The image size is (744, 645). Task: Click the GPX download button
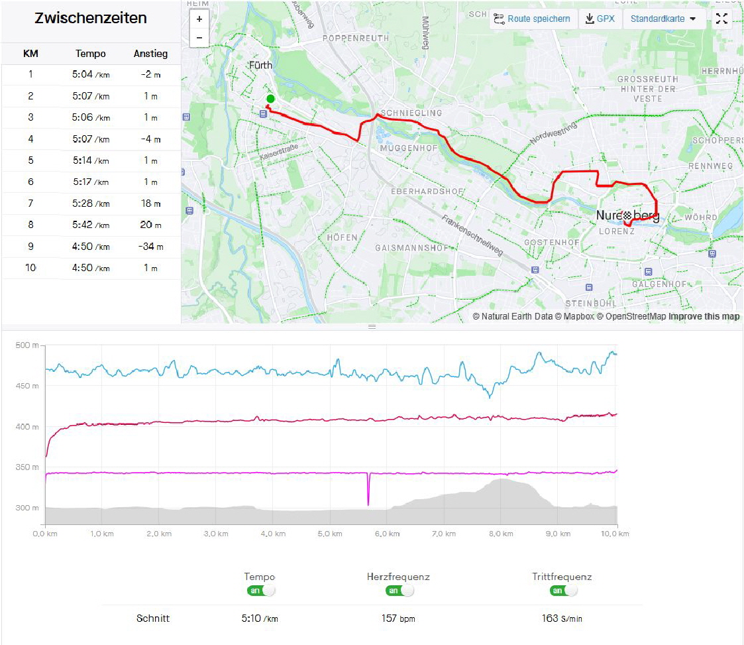click(x=600, y=19)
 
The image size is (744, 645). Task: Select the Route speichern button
click(x=532, y=19)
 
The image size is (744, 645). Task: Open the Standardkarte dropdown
click(x=663, y=19)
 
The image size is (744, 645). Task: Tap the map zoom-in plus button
click(x=199, y=19)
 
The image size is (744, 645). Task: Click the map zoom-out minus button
click(x=199, y=38)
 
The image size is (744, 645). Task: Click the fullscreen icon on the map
click(x=721, y=19)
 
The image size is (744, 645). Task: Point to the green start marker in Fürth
click(x=270, y=99)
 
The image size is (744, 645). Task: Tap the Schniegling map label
click(x=411, y=113)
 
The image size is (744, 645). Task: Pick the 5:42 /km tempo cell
click(x=91, y=225)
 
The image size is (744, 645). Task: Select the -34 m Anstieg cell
click(x=150, y=247)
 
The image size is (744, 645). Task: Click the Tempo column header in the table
click(x=91, y=54)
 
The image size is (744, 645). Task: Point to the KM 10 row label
click(x=30, y=268)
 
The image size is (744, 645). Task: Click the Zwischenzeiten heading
click(x=91, y=18)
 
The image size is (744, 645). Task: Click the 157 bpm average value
click(x=398, y=618)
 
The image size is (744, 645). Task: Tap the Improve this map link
click(x=704, y=316)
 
